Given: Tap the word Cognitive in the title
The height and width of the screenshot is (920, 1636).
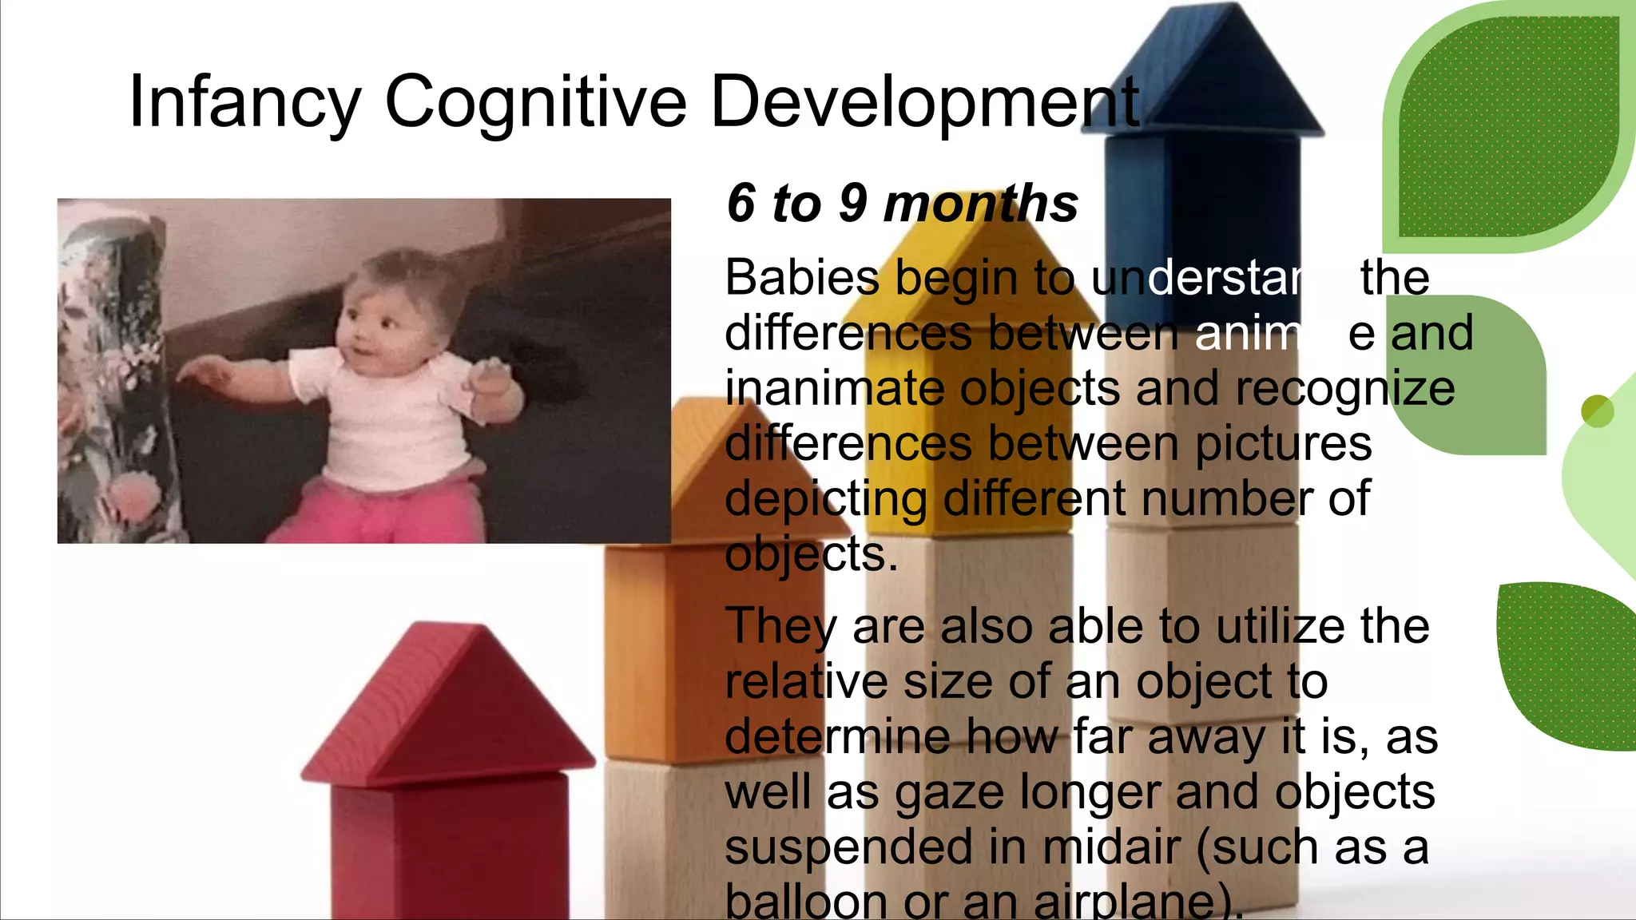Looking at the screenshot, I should click(x=535, y=101).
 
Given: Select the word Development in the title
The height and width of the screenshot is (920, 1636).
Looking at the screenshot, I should click(x=924, y=101).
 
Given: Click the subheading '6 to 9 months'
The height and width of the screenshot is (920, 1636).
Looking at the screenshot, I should click(x=902, y=203).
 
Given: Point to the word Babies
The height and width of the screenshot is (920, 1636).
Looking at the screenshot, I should click(x=801, y=278).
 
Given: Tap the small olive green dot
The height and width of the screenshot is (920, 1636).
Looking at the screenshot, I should click(x=1597, y=411).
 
